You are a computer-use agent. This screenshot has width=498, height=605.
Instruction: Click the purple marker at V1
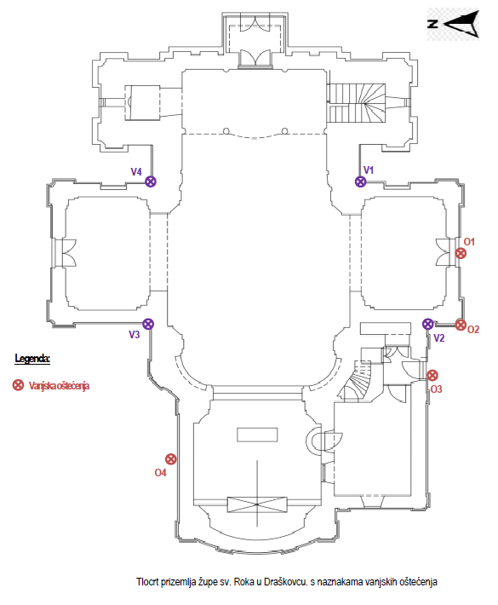pyautogui.click(x=360, y=181)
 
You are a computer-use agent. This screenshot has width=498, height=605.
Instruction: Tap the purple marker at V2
pyautogui.click(x=428, y=324)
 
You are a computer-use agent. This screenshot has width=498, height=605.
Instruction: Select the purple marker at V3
pyautogui.click(x=148, y=324)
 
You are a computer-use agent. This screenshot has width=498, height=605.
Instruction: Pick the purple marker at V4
pyautogui.click(x=151, y=181)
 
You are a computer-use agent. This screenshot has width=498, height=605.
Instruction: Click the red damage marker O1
pyautogui.click(x=461, y=253)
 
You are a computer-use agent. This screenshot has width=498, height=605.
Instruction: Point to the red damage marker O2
pyautogui.click(x=461, y=325)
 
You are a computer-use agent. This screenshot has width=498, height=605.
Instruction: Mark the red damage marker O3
pyautogui.click(x=432, y=375)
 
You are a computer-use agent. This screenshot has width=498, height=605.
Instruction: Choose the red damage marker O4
pyautogui.click(x=171, y=458)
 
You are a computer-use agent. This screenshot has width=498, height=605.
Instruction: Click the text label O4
pyautogui.click(x=160, y=473)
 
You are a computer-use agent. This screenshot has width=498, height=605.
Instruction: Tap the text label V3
pyautogui.click(x=135, y=335)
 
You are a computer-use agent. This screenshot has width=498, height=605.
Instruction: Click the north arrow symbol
pyautogui.click(x=454, y=24)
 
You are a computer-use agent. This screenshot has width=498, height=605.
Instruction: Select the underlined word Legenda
pyautogui.click(x=32, y=359)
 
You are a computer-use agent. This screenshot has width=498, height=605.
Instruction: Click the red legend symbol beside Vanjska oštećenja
pyautogui.click(x=18, y=384)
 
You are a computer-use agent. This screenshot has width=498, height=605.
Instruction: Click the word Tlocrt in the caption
pyautogui.click(x=147, y=581)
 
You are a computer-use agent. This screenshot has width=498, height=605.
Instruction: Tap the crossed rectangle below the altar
pyautogui.click(x=257, y=504)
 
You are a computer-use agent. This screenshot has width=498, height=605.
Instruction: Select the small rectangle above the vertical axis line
pyautogui.click(x=257, y=435)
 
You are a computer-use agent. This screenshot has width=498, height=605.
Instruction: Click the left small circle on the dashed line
pyautogui.click(x=226, y=131)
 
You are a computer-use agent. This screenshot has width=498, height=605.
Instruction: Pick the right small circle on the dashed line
pyautogui.click(x=284, y=131)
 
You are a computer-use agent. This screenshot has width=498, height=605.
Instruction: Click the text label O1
pyautogui.click(x=469, y=242)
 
